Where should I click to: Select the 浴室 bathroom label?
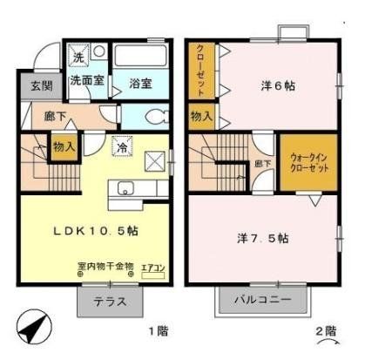tap(140, 84)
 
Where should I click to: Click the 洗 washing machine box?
tap(79, 57)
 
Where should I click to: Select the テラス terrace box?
tap(110, 302)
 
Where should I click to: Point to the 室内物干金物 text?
tap(105, 266)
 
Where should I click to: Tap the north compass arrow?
tap(31, 328)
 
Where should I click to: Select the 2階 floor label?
tap(325, 332)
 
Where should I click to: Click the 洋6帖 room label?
tap(277, 86)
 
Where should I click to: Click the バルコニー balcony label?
tap(262, 302)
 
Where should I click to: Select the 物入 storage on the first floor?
tap(64, 146)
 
